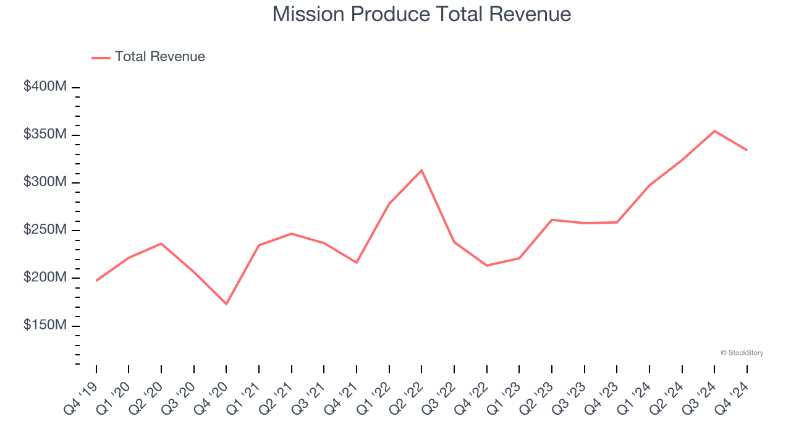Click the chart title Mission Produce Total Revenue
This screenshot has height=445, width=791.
point(421,14)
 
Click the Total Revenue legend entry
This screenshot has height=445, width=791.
point(148,57)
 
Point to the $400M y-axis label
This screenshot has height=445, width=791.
point(45,87)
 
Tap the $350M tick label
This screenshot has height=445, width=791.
point(45,134)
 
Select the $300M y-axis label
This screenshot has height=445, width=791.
point(45,182)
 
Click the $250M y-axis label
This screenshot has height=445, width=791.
point(45,229)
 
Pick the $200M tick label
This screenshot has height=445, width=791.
point(45,278)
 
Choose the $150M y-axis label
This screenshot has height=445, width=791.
point(45,325)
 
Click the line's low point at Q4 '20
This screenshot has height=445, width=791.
point(226,303)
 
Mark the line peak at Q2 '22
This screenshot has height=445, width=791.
point(421,170)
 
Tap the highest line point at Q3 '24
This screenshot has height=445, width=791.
point(714,131)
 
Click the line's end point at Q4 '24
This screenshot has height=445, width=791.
point(747,150)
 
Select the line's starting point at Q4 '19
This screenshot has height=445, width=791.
point(96,281)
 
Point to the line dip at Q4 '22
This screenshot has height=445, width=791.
point(486,266)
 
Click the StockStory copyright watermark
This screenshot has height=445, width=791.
point(742,353)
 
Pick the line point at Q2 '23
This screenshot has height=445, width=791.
point(551,219)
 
